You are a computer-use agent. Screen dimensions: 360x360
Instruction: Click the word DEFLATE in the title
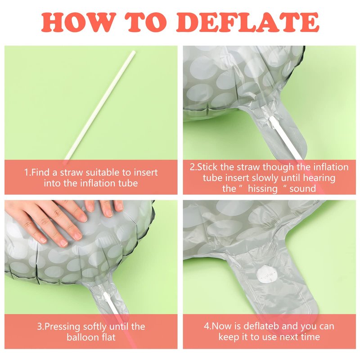[248, 22]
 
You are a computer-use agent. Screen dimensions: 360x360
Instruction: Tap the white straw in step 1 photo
[99, 106]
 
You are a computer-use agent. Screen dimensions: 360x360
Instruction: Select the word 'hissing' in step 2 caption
[263, 189]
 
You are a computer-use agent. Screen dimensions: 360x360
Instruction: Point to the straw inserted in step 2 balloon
[286, 137]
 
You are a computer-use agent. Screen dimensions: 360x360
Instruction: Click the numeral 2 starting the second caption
[192, 167]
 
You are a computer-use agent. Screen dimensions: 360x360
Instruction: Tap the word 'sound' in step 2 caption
[303, 189]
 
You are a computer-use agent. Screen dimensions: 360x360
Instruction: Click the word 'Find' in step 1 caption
[41, 172]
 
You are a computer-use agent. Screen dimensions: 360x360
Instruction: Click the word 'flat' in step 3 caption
[108, 337]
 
